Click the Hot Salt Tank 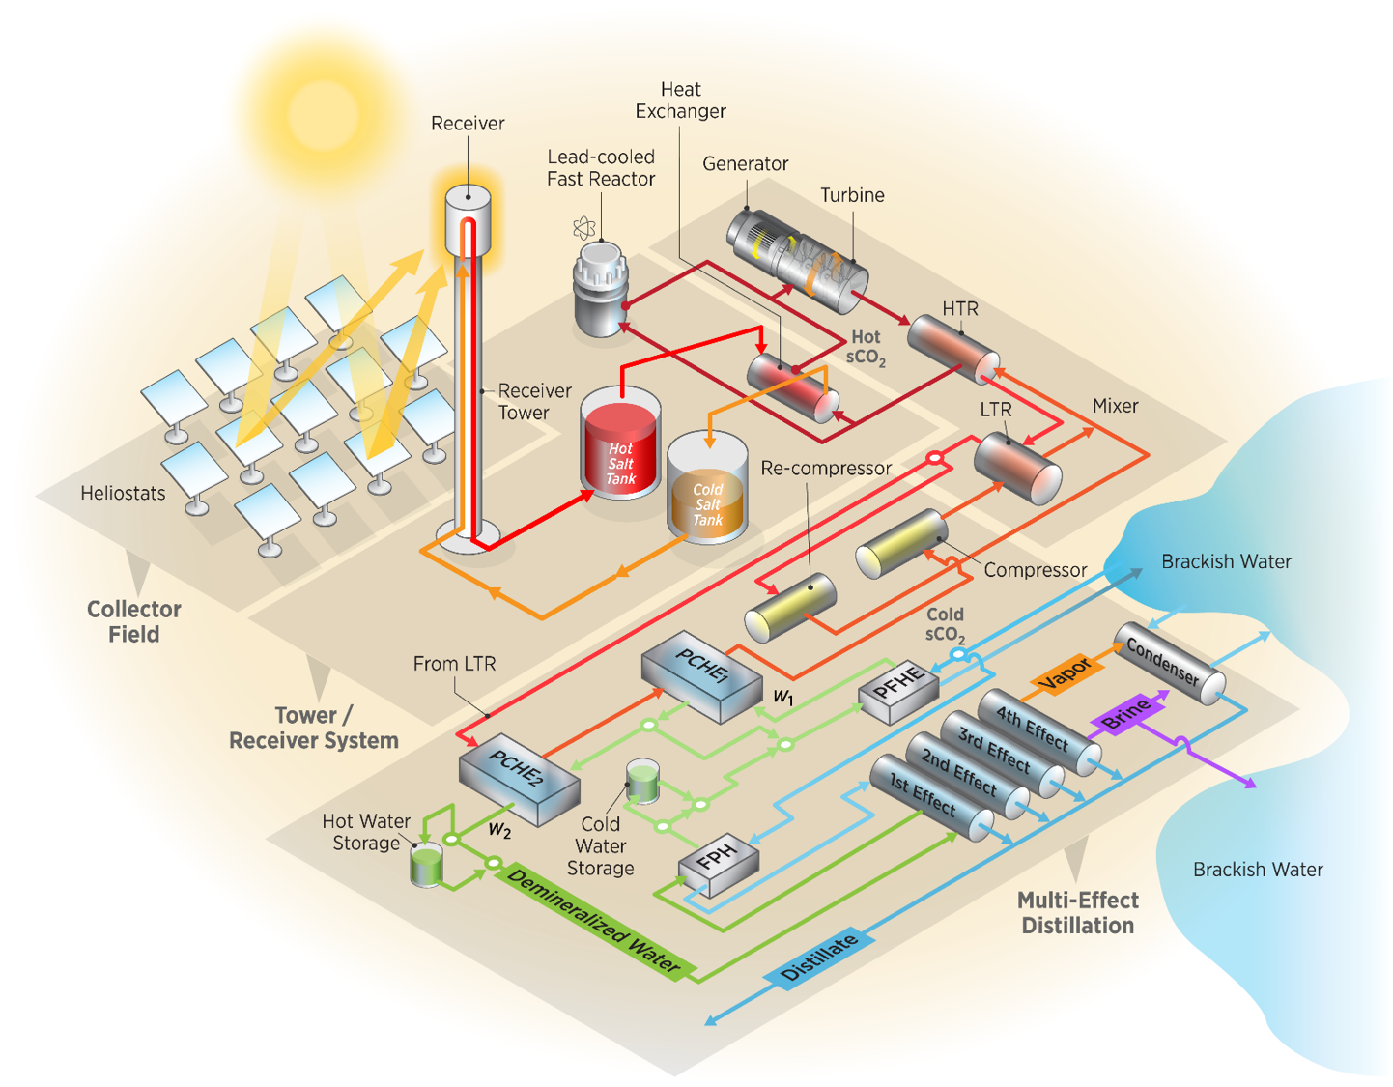(620, 449)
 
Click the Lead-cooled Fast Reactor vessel (601, 290)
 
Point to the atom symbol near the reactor (583, 229)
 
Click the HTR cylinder (952, 349)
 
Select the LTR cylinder (1016, 468)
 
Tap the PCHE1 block (701, 675)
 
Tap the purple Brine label (1126, 715)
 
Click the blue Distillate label (819, 958)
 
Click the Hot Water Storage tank (426, 865)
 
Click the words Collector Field (133, 621)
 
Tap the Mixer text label (1115, 406)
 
